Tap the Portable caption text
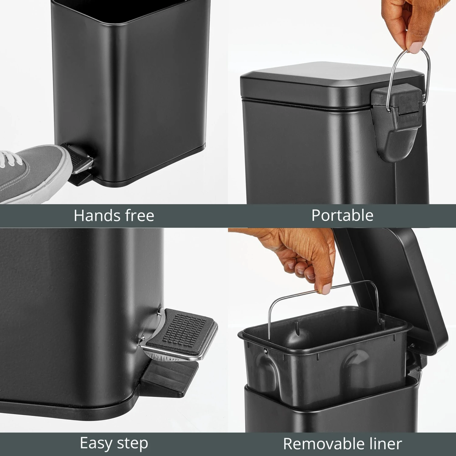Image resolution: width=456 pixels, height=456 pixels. tap(342, 215)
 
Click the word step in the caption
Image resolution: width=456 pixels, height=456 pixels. tap(134, 444)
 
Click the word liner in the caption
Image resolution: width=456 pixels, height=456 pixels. tap(385, 444)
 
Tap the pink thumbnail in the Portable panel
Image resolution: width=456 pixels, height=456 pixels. tap(416, 47)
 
